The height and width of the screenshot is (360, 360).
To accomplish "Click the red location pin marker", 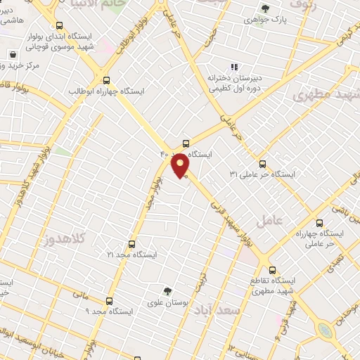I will tap(181, 165).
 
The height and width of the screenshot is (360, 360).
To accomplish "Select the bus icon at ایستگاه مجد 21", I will tap(131, 244).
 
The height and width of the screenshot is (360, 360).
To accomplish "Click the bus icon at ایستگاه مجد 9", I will tap(108, 300).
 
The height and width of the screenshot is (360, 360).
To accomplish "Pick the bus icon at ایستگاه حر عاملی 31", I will tap(262, 162).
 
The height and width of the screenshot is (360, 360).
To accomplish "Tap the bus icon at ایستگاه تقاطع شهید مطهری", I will tap(272, 269).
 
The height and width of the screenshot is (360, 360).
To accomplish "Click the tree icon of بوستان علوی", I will tap(167, 290).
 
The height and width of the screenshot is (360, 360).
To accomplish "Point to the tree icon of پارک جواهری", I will tap(264, 8).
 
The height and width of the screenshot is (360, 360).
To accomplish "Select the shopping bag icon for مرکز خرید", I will tap(13, 54).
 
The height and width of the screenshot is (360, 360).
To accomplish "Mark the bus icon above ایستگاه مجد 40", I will tap(186, 141).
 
